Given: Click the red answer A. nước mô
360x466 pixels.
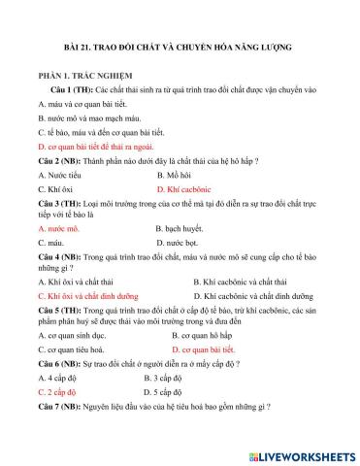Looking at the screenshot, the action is (59, 229).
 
